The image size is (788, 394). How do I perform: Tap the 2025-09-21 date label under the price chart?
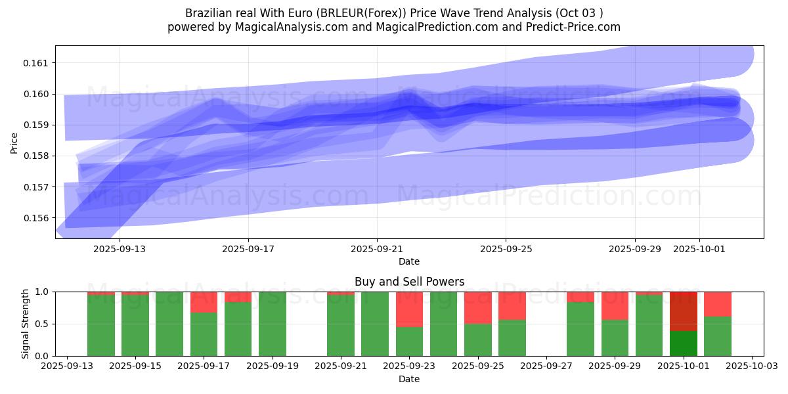pyautogui.click(x=377, y=250)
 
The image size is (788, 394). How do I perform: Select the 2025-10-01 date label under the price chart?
pyautogui.click(x=699, y=250)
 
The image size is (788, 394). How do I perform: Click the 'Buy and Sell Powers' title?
pyautogui.click(x=409, y=282)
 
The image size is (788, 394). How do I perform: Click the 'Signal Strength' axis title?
pyautogui.click(x=26, y=324)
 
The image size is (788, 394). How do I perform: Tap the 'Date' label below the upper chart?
pyautogui.click(x=409, y=261)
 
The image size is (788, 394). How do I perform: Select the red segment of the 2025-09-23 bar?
pyautogui.click(x=409, y=309)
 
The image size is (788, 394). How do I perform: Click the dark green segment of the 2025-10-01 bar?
pyautogui.click(x=684, y=343)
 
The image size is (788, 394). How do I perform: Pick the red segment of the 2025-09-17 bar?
pyautogui.click(x=204, y=302)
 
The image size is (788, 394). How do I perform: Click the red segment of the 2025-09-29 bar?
pyautogui.click(x=615, y=305)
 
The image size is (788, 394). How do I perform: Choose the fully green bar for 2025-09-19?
pyautogui.click(x=273, y=324)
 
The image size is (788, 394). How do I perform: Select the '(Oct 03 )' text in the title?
pyautogui.click(x=579, y=13)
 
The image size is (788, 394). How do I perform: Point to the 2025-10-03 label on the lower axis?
pyautogui.click(x=752, y=366)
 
